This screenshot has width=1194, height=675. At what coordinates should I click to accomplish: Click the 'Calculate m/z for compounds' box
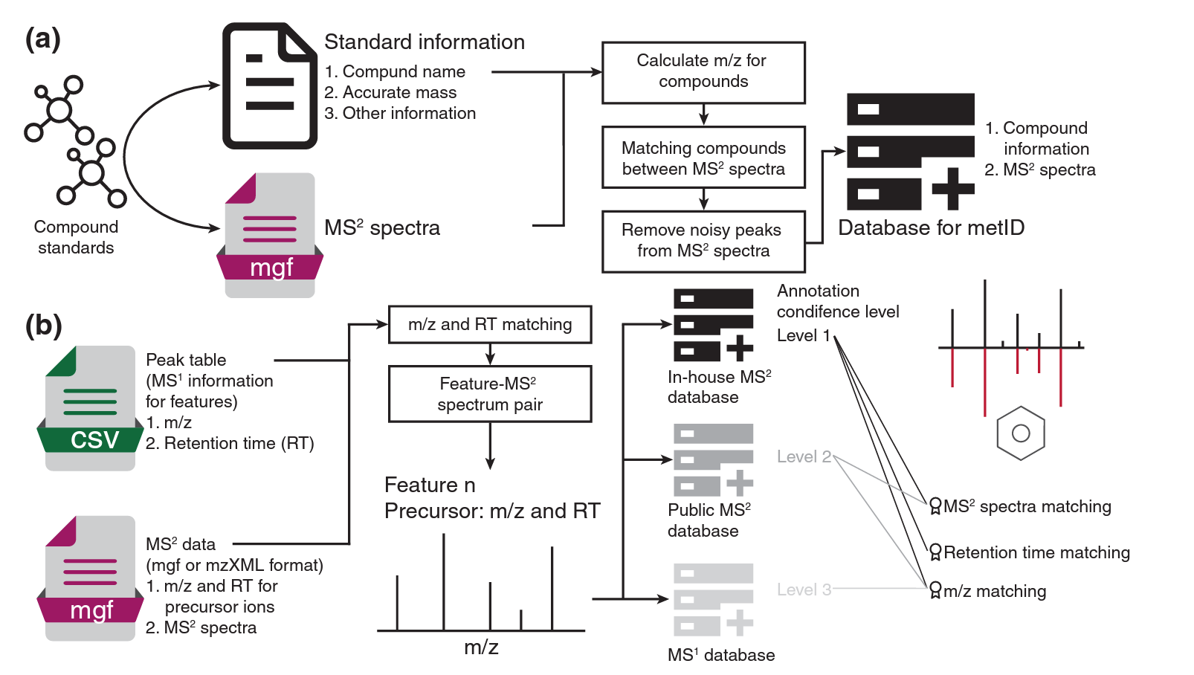point(703,72)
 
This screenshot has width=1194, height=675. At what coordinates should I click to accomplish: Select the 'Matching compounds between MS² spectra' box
point(703,158)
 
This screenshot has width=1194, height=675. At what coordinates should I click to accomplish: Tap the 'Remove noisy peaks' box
point(703,241)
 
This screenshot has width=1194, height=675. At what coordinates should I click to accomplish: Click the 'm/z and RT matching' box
point(490,324)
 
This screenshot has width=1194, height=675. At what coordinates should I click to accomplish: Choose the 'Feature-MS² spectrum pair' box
point(490,394)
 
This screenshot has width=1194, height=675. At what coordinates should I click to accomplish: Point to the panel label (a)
point(42,39)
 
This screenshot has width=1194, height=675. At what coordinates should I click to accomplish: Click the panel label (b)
point(43,326)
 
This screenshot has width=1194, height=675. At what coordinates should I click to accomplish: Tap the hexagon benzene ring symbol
point(1021,433)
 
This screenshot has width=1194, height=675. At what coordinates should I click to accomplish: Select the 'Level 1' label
point(803,335)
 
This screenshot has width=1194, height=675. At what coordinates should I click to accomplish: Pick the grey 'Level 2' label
point(804,456)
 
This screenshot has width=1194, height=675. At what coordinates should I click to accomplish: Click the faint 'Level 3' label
point(804,590)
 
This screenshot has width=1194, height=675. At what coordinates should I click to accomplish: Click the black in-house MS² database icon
point(713,325)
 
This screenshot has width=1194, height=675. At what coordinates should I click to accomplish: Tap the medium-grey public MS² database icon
point(713,459)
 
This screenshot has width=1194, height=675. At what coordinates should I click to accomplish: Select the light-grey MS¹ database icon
point(713,599)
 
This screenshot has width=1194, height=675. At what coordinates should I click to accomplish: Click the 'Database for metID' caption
point(931,227)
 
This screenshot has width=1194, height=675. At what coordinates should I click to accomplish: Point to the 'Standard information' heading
point(425,42)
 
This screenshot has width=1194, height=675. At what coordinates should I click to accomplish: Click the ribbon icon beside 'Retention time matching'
point(935,552)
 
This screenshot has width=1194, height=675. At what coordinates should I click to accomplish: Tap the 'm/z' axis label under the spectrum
point(481,647)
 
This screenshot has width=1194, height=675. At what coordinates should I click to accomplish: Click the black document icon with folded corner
point(270,86)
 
